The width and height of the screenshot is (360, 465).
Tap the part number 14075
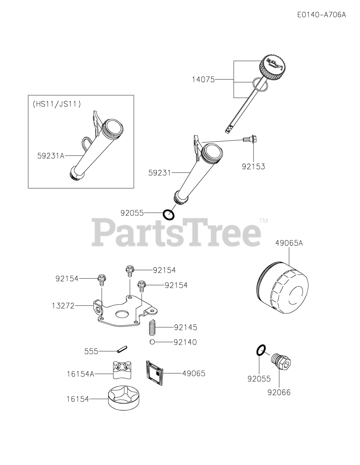[203, 80]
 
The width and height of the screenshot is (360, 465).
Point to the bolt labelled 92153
[250, 139]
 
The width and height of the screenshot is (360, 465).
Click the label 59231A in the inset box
[51, 155]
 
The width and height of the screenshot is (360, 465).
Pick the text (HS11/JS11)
[57, 104]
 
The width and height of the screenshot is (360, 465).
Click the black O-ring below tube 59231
[169, 215]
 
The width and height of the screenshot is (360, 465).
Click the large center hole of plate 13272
[122, 314]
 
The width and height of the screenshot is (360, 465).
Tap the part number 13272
[63, 306]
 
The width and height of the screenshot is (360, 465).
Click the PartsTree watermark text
[177, 232]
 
